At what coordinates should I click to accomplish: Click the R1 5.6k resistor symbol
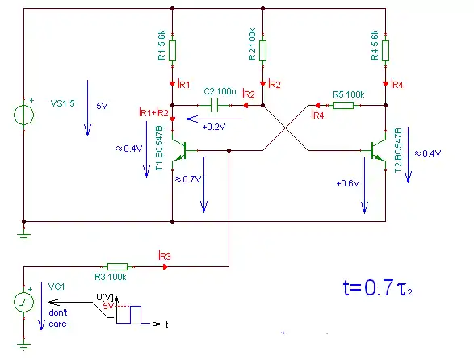tap(172, 51)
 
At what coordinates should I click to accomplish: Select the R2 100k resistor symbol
tap(262, 51)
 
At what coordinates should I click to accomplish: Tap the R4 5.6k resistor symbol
tap(385, 51)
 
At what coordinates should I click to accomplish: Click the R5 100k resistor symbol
tap(343, 105)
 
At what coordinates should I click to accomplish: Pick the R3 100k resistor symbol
tap(117, 266)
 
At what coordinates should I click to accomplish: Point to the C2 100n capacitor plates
tap(214, 105)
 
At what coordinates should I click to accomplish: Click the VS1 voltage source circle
tap(24, 115)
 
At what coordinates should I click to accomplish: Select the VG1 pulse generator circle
tap(24, 302)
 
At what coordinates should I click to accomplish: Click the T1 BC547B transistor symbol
tap(179, 150)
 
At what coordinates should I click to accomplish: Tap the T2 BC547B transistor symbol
tap(379, 150)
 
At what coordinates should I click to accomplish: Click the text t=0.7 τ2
tap(378, 288)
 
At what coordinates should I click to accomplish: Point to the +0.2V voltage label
tap(214, 127)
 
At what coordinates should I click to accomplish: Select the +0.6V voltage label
tap(348, 183)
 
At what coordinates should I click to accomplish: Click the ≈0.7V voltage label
tap(188, 179)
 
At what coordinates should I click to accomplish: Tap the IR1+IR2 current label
tap(153, 112)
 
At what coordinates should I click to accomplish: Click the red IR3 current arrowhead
tap(165, 266)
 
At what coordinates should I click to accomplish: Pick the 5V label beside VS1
tap(102, 106)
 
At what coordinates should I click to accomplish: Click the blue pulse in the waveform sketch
tap(136, 315)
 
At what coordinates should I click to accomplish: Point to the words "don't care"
tap(58, 318)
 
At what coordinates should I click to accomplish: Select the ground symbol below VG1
tap(24, 346)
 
